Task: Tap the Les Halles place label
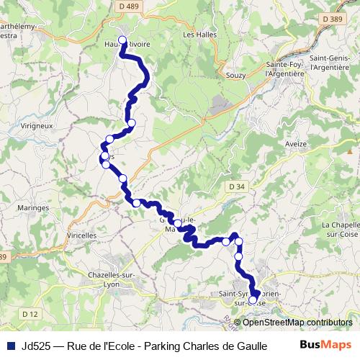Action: [x=199, y=34]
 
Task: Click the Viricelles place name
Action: [x=81, y=235]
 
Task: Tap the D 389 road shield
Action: [x=332, y=19]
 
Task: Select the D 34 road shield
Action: [x=236, y=186]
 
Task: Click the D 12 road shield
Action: [x=30, y=313]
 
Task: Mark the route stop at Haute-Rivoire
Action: [x=122, y=40]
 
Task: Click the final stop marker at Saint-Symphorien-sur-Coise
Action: [x=253, y=300]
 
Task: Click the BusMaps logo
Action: [x=325, y=345]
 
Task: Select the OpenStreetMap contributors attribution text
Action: [x=297, y=322]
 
